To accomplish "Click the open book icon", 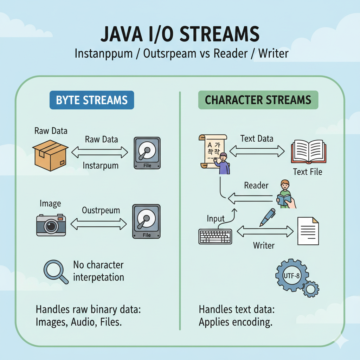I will click(x=307, y=152).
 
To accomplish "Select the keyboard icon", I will click(x=215, y=236).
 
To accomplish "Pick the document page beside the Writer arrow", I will click(x=308, y=231).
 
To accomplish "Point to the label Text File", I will click(x=307, y=172).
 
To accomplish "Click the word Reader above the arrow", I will click(x=256, y=185).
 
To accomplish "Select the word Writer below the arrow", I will click(x=264, y=245).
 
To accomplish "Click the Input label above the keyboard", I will click(x=216, y=219).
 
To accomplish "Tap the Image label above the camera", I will click(x=50, y=204).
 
